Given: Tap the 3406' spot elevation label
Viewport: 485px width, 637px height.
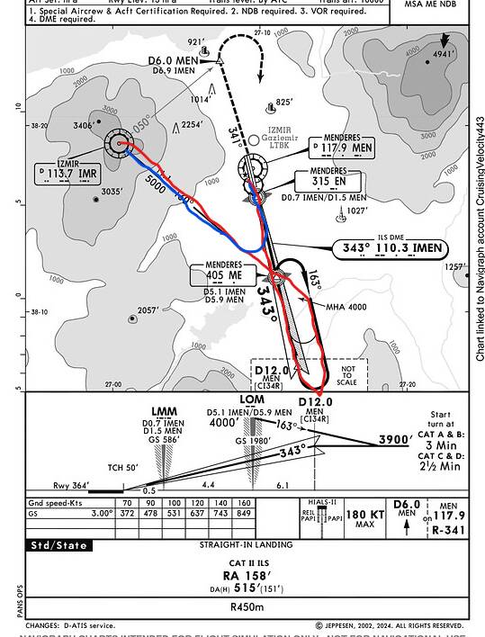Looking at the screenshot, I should point(83,125).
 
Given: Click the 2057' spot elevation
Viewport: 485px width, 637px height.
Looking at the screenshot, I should point(148,311).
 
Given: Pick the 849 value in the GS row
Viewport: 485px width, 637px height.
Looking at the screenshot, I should point(243,513).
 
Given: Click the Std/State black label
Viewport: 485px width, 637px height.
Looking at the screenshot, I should point(59,545).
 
